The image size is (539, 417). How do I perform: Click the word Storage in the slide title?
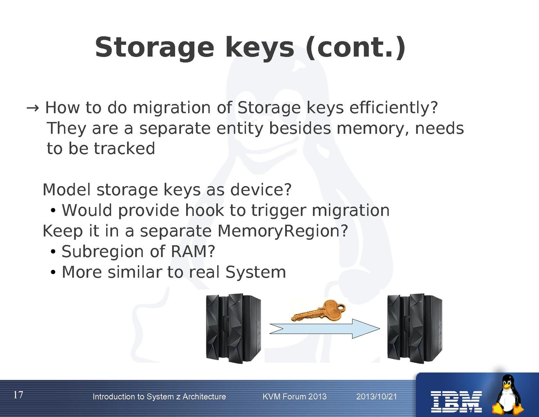coord(154,48)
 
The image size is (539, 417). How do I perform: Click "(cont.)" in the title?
coord(355,48)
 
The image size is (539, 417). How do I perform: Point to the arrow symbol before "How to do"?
coord(33,108)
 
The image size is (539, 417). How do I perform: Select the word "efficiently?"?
coord(393,108)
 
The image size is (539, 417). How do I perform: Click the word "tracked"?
coord(124,149)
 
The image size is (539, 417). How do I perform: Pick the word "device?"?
coord(261,190)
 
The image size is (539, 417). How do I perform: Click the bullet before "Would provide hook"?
coord(53,211)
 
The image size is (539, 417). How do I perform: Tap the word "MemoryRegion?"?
coord(283,231)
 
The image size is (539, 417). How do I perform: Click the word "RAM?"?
coord(193,251)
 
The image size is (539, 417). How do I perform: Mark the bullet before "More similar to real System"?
coord(53,272)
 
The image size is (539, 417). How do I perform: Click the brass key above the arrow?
coord(318,311)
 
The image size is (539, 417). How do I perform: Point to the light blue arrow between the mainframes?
coord(325,329)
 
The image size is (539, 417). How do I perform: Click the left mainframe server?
coord(233,328)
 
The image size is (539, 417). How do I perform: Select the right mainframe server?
coord(415,328)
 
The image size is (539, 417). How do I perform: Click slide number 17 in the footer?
coord(18,395)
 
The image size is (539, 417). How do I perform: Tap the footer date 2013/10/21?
coord(376,396)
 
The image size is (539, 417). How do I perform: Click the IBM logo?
coord(456,402)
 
